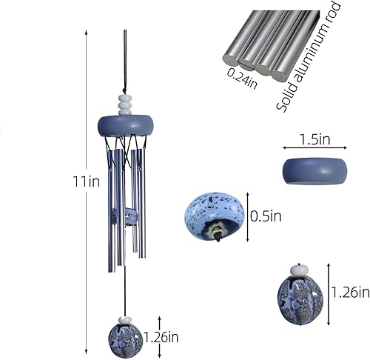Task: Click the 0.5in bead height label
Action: (266, 216)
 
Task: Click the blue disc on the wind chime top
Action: (125, 124)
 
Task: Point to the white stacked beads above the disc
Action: (125, 103)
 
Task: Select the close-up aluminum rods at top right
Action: (266, 44)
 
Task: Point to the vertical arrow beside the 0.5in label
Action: (246, 217)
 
